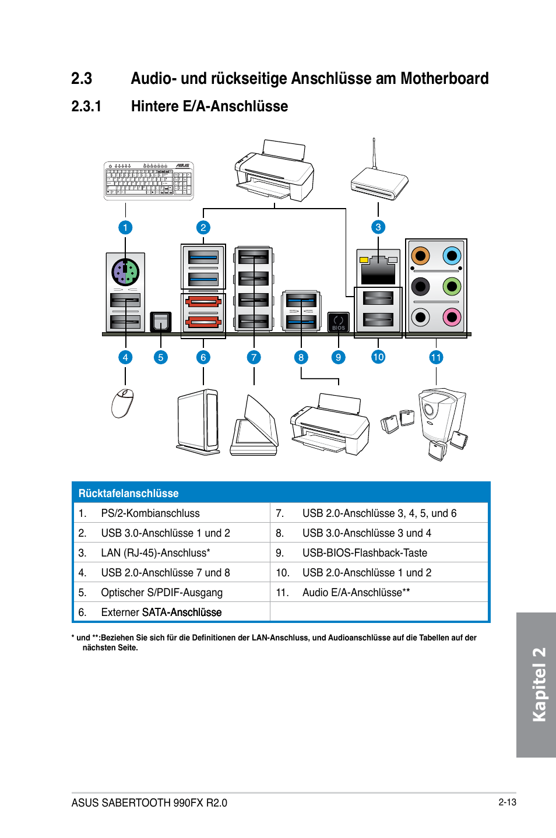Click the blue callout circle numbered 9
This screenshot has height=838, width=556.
pos(338,357)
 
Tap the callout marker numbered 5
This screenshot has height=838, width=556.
pos(160,357)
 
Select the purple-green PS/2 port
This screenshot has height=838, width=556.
pos(125,272)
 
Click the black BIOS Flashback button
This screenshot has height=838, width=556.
pos(338,322)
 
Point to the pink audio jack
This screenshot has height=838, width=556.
pos(452,317)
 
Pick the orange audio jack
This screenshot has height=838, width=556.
pos(421,256)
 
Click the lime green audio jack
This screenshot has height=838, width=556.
pos(452,287)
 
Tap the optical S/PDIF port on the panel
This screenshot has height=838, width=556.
pos(160,322)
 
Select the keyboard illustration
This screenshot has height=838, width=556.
pos(149,181)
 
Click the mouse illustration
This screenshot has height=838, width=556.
pos(123,403)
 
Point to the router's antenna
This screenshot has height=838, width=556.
pos(374,153)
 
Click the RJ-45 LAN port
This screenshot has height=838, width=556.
pos(378,270)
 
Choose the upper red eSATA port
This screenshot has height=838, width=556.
pos(203,301)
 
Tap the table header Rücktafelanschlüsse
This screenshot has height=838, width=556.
pos(128,493)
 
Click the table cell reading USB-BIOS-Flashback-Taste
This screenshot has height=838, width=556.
pos(365,552)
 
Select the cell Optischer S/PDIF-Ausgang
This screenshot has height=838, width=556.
pos(161,593)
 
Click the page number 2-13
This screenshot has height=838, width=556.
pos(508,802)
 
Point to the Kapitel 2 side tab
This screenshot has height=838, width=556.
pos(536,685)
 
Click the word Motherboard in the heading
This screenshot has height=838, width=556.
pos(445,79)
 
